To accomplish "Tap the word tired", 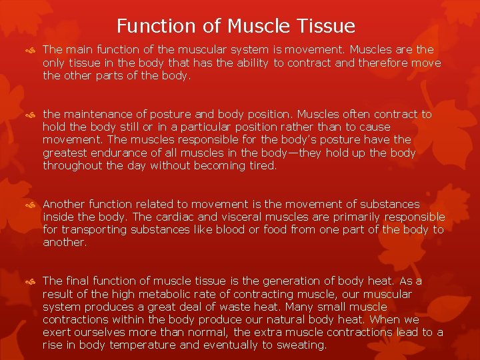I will pyautogui.click(x=262, y=165).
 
